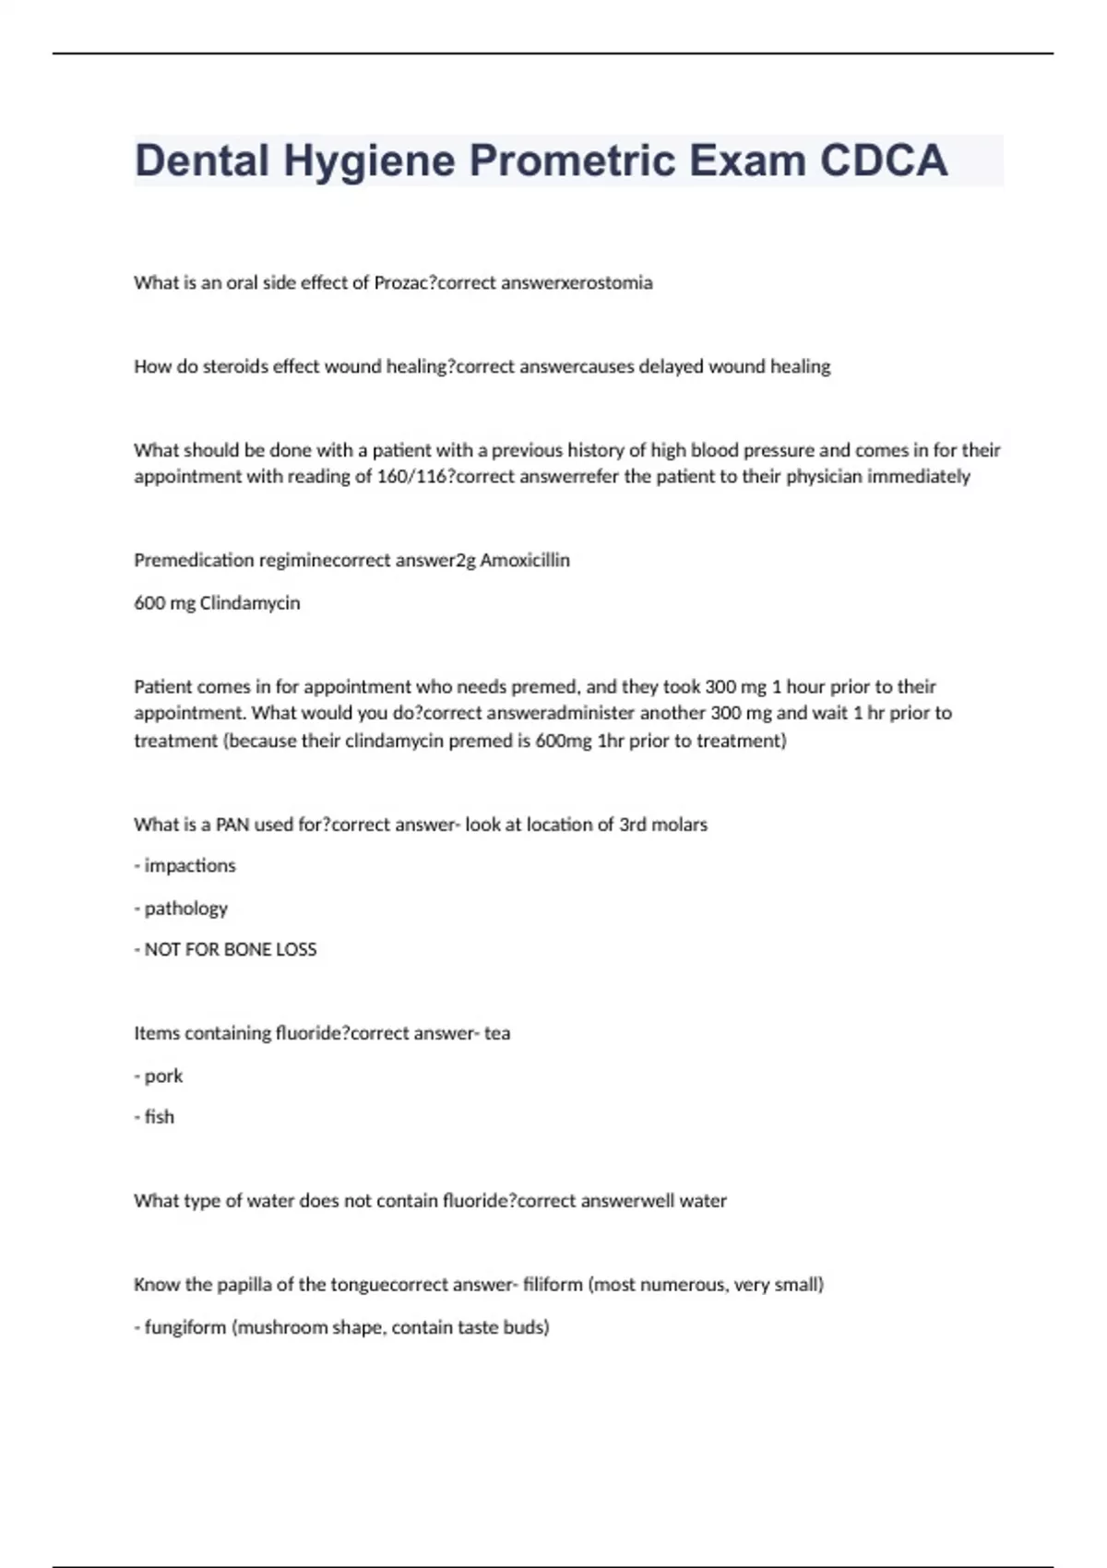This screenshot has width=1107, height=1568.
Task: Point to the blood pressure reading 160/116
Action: pos(412,477)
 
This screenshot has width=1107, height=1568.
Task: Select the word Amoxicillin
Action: pos(525,561)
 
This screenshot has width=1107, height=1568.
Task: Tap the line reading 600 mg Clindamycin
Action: pos(217,603)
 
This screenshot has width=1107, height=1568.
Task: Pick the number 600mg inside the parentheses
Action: pos(563,741)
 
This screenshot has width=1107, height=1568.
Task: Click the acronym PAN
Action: pos(232,825)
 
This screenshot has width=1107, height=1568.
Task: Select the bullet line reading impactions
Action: pos(185,866)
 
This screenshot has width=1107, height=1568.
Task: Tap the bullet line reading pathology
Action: pos(182,909)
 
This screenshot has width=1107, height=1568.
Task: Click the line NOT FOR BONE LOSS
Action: pos(226,950)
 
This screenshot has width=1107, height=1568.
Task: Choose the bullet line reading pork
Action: pos(160,1076)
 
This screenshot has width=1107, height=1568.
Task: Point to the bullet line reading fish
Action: pos(155,1117)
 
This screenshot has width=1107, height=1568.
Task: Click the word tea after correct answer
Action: pos(497,1034)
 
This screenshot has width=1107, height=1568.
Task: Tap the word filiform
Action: pos(553,1285)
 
